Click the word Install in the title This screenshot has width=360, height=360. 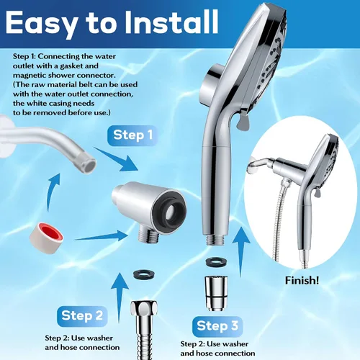(x=171, y=22)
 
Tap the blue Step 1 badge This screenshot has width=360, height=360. (x=132, y=135)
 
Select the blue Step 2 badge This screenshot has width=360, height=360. (x=82, y=316)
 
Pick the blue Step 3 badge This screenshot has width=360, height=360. (x=217, y=326)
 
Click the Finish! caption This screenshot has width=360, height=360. (x=302, y=280)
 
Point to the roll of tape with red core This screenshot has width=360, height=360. (x=46, y=237)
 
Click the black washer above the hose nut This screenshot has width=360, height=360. (x=143, y=274)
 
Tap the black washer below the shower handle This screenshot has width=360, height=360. (x=216, y=261)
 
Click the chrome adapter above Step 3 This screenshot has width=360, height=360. (x=216, y=293)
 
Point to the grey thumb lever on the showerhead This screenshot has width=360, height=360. (x=243, y=120)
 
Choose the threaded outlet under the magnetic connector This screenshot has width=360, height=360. (x=148, y=235)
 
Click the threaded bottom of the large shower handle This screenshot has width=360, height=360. (x=215, y=240)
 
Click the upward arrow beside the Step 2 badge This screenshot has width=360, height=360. (x=120, y=297)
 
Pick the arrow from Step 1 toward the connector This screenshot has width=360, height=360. (x=117, y=159)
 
